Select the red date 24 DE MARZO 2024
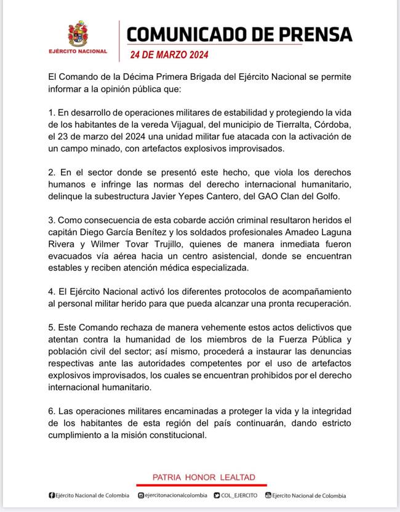(169, 54)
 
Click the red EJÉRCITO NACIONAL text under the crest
(78, 51)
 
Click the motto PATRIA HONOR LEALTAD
(204, 477)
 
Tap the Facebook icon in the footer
(51, 495)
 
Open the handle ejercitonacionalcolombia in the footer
(177, 495)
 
